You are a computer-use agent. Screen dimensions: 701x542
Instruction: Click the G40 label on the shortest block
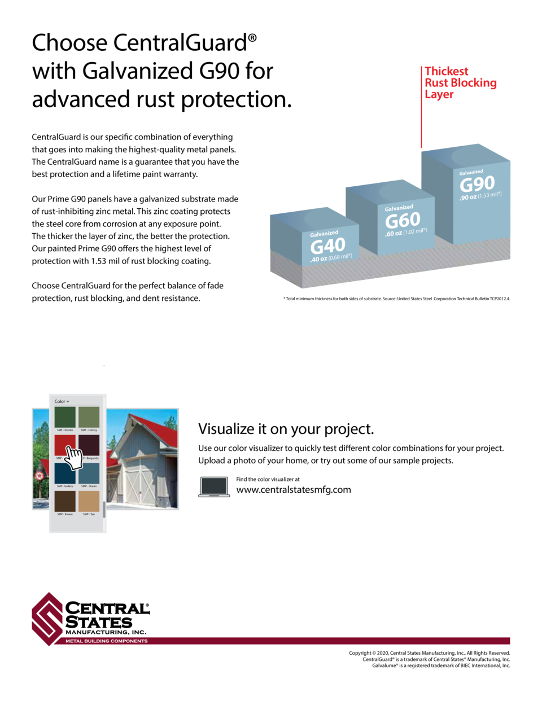(x=327, y=246)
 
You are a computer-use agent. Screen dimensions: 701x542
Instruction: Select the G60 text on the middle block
(x=403, y=220)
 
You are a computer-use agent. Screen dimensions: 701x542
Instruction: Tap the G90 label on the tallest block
(x=477, y=184)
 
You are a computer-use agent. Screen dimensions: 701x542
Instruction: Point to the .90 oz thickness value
(x=468, y=198)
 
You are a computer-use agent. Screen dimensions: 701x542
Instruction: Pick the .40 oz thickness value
(x=318, y=260)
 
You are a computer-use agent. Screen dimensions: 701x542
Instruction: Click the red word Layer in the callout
(x=439, y=94)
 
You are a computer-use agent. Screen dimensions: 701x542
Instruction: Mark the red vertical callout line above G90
(x=421, y=107)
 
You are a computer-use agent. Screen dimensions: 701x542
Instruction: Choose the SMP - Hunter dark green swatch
(x=65, y=417)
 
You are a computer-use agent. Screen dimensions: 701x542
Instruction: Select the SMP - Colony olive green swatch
(x=89, y=417)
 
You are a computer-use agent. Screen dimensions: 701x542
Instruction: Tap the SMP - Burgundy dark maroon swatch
(x=89, y=445)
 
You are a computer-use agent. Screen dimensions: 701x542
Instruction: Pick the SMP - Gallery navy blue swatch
(x=65, y=473)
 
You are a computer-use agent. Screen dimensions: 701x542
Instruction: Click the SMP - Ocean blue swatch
(x=89, y=473)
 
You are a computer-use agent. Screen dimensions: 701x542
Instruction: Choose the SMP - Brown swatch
(x=65, y=501)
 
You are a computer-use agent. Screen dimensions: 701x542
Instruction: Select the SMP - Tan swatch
(x=89, y=501)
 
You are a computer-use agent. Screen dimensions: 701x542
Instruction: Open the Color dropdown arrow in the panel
(x=68, y=402)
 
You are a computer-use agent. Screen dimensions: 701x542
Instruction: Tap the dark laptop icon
(x=214, y=487)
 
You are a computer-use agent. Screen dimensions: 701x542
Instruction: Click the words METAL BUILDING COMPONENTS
(x=107, y=641)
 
